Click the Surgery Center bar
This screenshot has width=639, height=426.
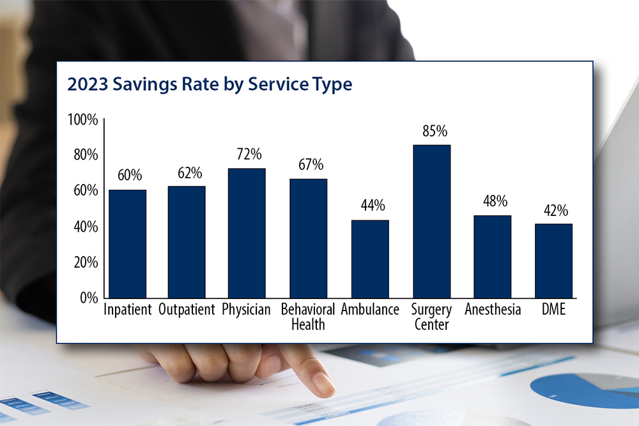431,221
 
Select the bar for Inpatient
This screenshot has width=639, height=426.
127,243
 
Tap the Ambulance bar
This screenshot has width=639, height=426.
370,259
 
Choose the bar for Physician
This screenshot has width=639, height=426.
247,233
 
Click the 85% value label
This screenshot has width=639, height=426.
435,132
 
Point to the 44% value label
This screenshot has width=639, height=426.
373,206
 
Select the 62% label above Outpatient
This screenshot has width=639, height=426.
189,173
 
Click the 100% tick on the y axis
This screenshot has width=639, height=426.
82,119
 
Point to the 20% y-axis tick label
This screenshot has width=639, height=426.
85,262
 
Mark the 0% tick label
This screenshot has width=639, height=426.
88,298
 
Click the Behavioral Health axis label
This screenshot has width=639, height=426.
308,317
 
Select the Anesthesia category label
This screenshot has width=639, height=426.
493,310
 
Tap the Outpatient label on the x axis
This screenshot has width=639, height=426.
187,310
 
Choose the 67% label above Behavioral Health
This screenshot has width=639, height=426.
311,165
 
